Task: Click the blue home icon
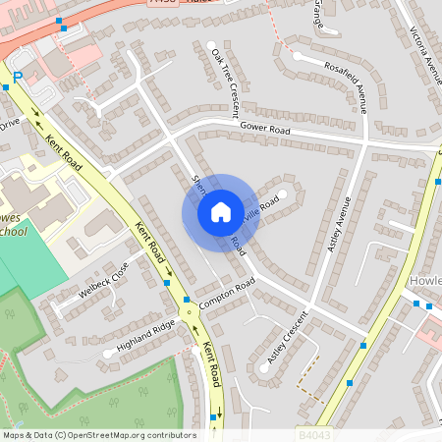220,212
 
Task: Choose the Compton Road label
226,294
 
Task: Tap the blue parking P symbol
17,76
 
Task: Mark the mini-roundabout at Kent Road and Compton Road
186,300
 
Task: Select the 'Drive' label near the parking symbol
9,124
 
